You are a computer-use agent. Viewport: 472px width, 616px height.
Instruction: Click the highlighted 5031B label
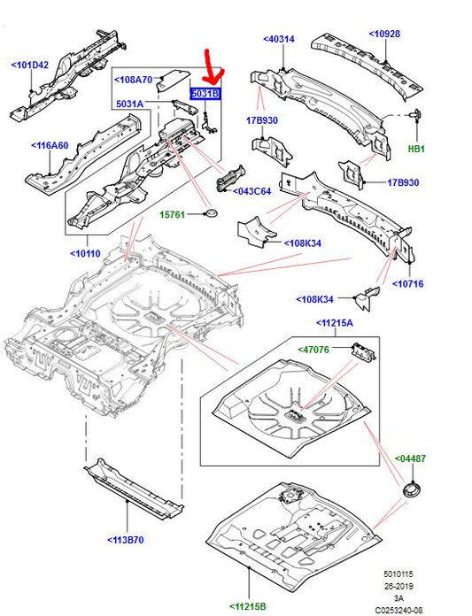click(x=204, y=92)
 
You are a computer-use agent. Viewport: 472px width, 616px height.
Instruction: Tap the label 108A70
click(x=133, y=79)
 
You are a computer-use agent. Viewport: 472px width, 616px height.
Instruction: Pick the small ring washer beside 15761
click(x=211, y=214)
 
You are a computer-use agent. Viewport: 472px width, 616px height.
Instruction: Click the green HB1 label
click(x=416, y=149)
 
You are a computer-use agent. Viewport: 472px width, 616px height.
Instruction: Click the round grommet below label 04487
click(x=410, y=489)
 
